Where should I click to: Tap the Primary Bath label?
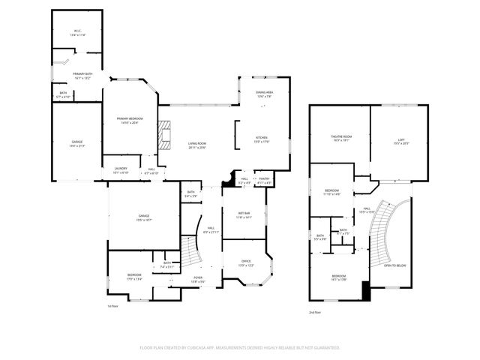[82, 75]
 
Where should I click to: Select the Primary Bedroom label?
[129, 120]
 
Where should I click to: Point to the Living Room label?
[196, 145]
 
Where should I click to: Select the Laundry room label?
[121, 170]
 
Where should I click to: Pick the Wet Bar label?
[244, 214]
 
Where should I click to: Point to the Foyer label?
[198, 279]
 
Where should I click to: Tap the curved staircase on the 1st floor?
[193, 251]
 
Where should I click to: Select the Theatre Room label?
[341, 137]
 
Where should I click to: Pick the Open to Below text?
[395, 265]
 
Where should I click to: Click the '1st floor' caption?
[113, 306]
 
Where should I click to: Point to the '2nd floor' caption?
[315, 312]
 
